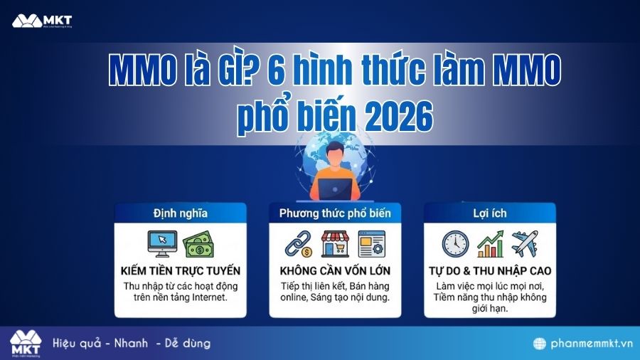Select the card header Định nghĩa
180,213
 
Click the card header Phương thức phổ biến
334,213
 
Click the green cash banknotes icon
198,245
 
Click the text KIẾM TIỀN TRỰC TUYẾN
180,271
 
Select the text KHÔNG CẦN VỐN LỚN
335,271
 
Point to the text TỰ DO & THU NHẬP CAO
490,271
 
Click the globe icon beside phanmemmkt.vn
540,344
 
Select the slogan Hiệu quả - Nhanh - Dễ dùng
132,344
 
